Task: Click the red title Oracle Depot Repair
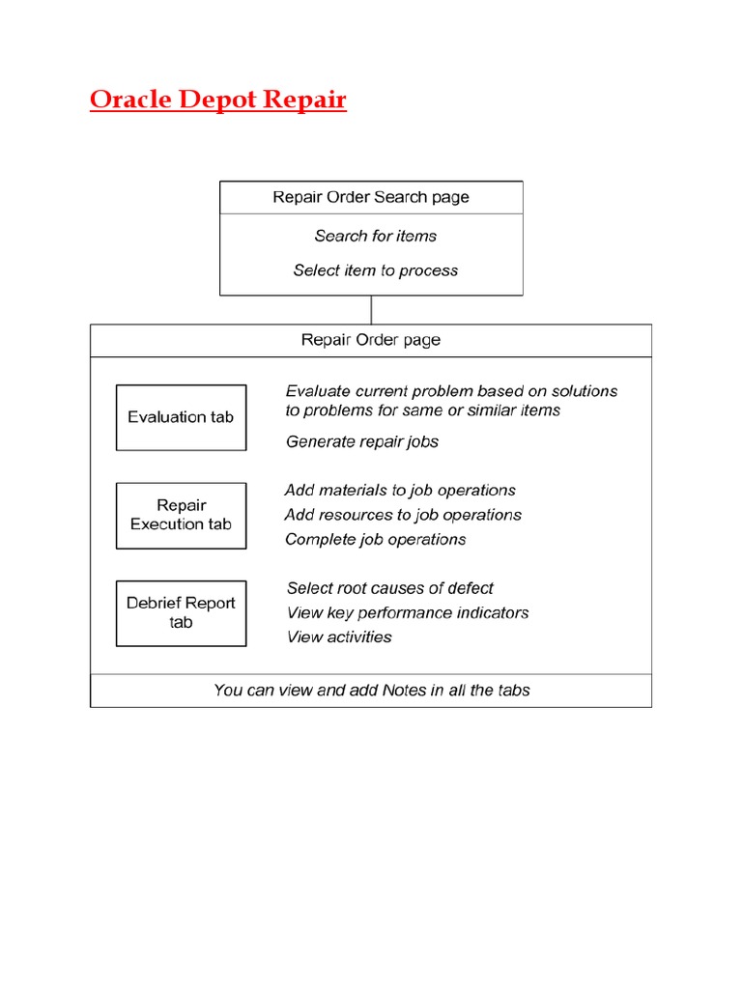[217, 100]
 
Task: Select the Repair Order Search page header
[371, 197]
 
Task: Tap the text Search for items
[375, 236]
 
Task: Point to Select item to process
[375, 270]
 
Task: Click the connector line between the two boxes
[371, 309]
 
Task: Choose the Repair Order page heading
[371, 340]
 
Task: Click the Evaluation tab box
[181, 417]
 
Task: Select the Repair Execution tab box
[181, 515]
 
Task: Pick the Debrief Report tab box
[181, 612]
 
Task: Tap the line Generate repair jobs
[362, 441]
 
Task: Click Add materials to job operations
[400, 491]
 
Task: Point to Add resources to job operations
[403, 515]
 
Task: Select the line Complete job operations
[375, 539]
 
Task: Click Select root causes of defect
[389, 588]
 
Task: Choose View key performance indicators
[407, 612]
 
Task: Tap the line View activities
[339, 636]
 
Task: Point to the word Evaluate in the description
[318, 391]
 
